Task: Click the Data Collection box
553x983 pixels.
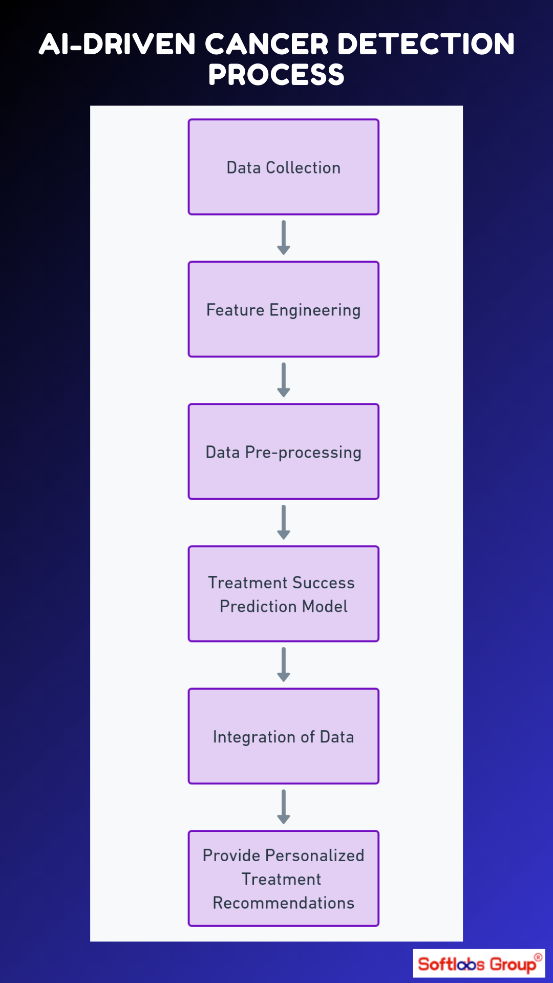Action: point(283,167)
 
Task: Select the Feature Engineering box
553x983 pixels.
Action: point(283,309)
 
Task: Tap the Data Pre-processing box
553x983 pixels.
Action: point(283,452)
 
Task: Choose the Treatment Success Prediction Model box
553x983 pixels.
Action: point(283,594)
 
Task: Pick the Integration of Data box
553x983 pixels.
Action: point(283,736)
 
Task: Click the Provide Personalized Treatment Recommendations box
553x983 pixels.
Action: point(283,879)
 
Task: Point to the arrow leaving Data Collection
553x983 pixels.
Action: point(283,238)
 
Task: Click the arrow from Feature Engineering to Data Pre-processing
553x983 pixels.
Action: point(283,380)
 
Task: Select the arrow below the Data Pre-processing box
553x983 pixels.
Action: point(283,522)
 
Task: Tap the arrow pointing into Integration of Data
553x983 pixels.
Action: point(283,665)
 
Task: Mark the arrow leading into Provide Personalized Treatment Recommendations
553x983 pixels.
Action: point(283,807)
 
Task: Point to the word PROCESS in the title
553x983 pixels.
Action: point(276,75)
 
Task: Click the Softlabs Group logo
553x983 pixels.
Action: point(478,964)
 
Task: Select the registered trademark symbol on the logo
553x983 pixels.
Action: point(538,957)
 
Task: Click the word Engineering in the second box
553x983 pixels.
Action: point(315,310)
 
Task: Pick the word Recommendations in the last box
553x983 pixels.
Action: point(283,903)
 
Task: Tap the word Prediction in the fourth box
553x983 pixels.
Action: point(259,606)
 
